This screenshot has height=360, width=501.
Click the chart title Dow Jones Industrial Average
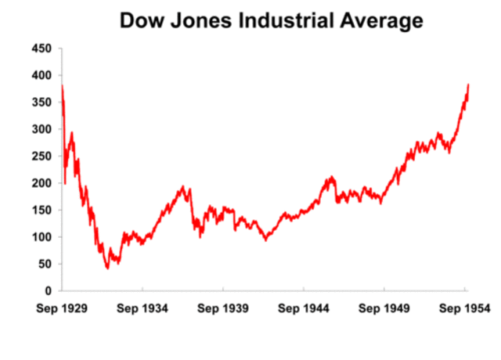pos(271,21)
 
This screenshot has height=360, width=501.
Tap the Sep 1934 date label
pos(143,308)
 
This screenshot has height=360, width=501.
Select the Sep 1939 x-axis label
pos(225,308)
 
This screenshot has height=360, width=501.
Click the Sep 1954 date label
pos(465,308)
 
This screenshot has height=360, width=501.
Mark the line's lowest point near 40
pos(107,268)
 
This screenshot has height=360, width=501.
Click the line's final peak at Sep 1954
pos(468,85)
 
